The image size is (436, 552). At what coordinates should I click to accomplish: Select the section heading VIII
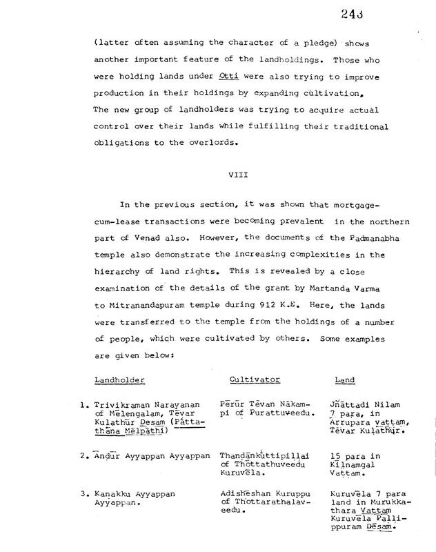237,175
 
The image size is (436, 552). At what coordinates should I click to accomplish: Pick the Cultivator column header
250,379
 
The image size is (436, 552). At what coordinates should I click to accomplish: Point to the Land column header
344,379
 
